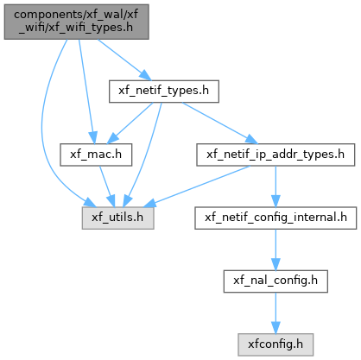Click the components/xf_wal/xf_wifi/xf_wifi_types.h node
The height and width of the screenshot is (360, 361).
(x=76, y=22)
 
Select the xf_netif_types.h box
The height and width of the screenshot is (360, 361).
(x=164, y=92)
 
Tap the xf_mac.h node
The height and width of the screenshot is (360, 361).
(x=96, y=155)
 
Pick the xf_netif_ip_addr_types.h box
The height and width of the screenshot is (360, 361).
(x=275, y=155)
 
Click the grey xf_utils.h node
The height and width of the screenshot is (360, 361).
(x=117, y=218)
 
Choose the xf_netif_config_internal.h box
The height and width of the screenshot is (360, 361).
(x=275, y=218)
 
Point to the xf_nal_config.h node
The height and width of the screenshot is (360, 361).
(x=275, y=281)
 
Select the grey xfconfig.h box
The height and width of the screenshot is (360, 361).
(x=275, y=344)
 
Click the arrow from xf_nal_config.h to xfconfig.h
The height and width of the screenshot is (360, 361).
(x=275, y=313)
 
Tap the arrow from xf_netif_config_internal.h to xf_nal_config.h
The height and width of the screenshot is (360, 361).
(x=275, y=249)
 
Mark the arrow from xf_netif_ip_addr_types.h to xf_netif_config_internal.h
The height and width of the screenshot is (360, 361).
(x=275, y=186)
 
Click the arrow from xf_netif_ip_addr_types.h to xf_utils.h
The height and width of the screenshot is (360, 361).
(x=196, y=186)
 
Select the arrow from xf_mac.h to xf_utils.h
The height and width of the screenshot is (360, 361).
(x=107, y=186)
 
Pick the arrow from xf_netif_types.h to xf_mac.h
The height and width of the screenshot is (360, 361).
(x=130, y=123)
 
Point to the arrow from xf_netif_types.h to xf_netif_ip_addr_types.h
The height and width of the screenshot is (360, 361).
(x=220, y=123)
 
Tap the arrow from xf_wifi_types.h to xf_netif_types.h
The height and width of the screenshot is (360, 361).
(x=124, y=60)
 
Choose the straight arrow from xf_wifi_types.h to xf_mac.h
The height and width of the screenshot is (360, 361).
(x=86, y=92)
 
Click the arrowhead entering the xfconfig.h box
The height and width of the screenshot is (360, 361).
(x=275, y=328)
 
